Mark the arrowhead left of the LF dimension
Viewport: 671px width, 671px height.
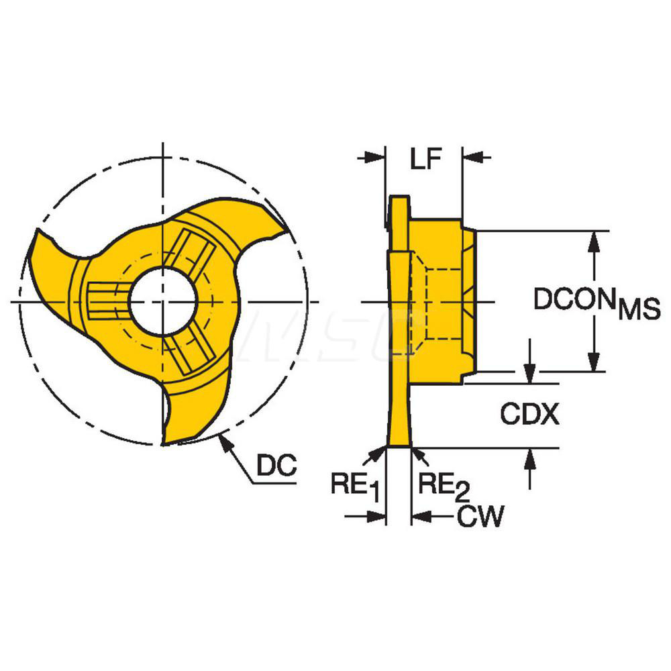[x=376, y=158]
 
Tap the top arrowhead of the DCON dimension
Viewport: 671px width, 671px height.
[x=593, y=239]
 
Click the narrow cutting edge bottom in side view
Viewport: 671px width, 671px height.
[x=399, y=445]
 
